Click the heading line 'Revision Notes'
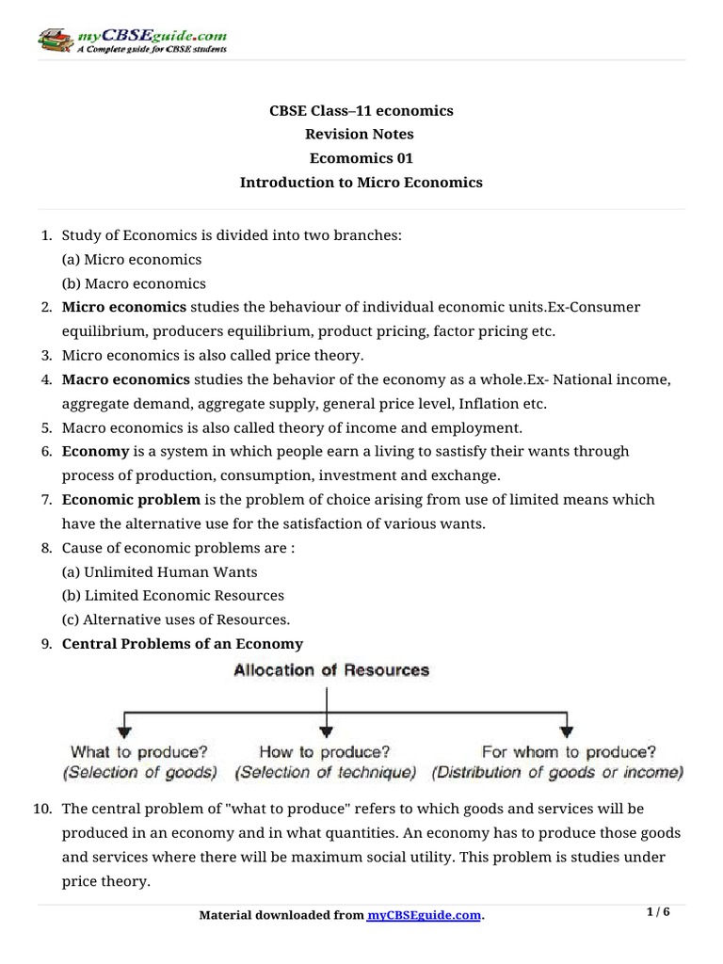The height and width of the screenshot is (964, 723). pyautogui.click(x=361, y=135)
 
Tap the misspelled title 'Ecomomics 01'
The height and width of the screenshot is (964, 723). pyautogui.click(x=361, y=158)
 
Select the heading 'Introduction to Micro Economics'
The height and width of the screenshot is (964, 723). pyautogui.click(x=361, y=183)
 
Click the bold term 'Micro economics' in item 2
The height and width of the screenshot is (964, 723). pyautogui.click(x=124, y=307)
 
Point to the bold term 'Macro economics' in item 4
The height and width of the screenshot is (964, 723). pyautogui.click(x=125, y=379)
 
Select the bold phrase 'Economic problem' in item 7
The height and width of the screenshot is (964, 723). pyautogui.click(x=131, y=499)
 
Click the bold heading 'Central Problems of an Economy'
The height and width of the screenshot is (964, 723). pyautogui.click(x=183, y=644)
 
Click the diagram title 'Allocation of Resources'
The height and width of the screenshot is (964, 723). pyautogui.click(x=330, y=671)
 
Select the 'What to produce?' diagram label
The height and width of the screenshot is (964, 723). pyautogui.click(x=138, y=752)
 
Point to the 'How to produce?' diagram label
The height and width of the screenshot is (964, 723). pyautogui.click(x=326, y=752)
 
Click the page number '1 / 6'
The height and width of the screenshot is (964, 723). pyautogui.click(x=659, y=912)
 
